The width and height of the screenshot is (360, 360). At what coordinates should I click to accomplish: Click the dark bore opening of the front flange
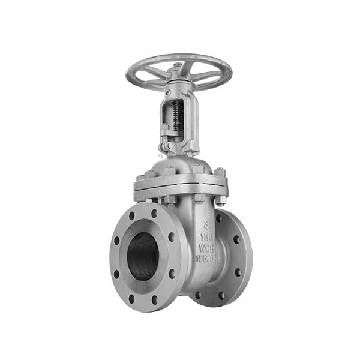click(144, 255)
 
